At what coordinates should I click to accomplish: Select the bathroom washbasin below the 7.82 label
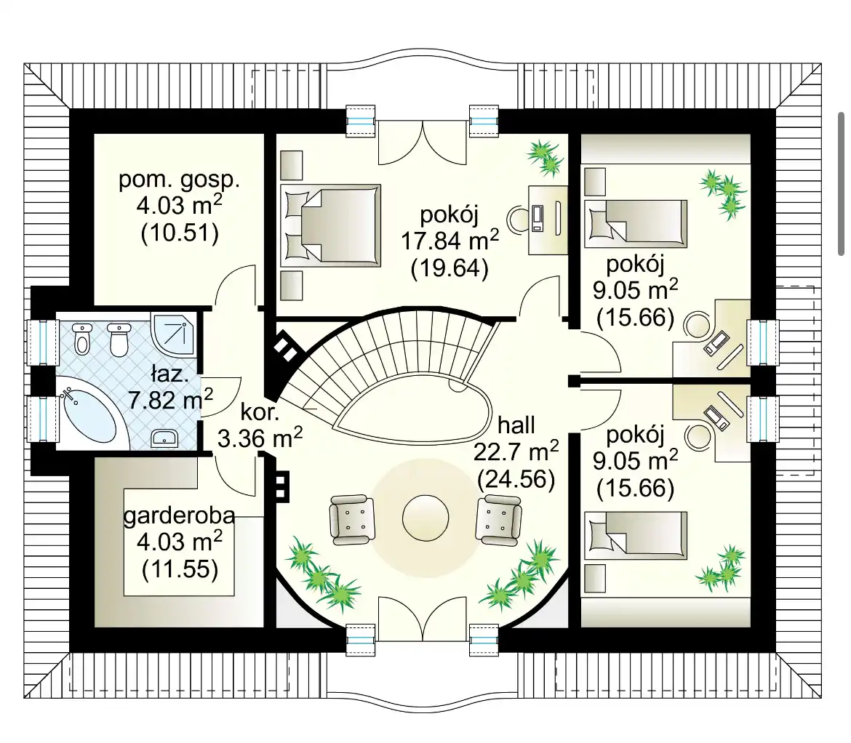(x=164, y=438)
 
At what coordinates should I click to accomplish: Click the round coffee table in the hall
(x=425, y=518)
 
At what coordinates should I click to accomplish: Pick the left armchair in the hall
(x=352, y=519)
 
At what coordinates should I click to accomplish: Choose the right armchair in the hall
(x=499, y=519)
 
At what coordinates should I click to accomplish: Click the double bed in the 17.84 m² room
(x=330, y=225)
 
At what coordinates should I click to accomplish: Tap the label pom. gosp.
(x=179, y=180)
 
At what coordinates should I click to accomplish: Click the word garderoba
(x=179, y=515)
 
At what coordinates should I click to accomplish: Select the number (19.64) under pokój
(x=450, y=268)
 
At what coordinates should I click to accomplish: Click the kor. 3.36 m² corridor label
(x=260, y=425)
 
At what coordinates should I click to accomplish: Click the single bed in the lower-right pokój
(x=636, y=534)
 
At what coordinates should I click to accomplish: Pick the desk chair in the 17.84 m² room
(x=519, y=219)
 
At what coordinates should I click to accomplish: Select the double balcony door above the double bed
(x=423, y=142)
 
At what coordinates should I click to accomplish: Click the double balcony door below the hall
(x=423, y=618)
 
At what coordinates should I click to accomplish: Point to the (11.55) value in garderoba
(x=180, y=569)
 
